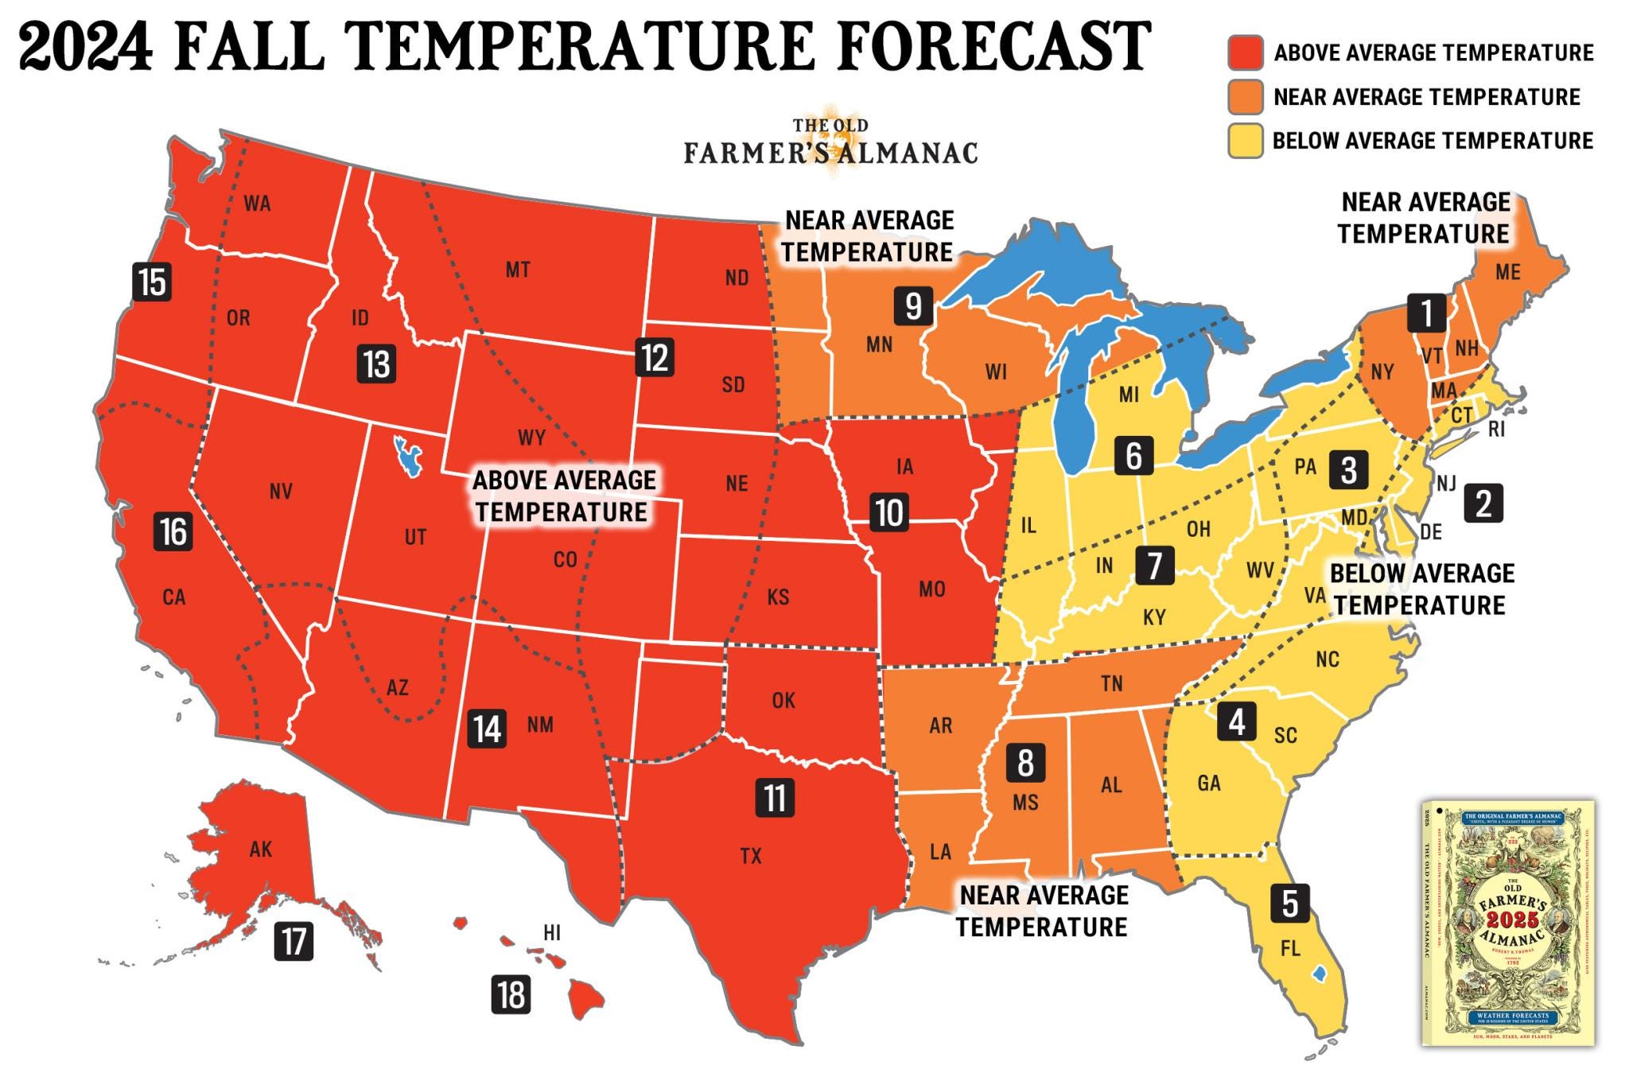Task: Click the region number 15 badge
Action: point(153,282)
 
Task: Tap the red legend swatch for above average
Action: point(1245,52)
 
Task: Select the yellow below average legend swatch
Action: point(1245,141)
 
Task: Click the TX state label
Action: point(751,856)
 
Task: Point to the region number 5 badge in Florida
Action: point(1289,903)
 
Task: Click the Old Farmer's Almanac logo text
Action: point(830,143)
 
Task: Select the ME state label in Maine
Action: point(1507,272)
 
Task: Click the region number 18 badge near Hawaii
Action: point(511,994)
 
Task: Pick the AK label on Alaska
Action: point(260,850)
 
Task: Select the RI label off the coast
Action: point(1496,430)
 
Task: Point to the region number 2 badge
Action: point(1483,504)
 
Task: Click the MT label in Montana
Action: point(518,270)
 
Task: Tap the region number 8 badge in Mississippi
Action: point(1025,762)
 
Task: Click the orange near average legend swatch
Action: point(1245,97)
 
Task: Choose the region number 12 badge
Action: point(655,357)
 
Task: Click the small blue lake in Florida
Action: point(1319,972)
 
